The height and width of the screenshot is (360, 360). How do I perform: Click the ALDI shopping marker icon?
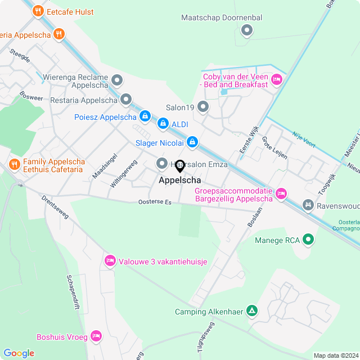click(x=163, y=123)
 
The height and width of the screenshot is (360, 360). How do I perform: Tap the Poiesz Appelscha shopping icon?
click(x=145, y=116)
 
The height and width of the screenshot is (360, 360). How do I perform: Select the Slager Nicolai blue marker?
click(x=192, y=142)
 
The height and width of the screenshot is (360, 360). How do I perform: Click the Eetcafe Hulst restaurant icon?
click(x=38, y=11)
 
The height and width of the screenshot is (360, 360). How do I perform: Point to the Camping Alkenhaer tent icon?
click(x=253, y=310)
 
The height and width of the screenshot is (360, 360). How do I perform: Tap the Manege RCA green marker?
click(x=308, y=240)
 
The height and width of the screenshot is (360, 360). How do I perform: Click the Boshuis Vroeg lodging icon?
click(x=96, y=336)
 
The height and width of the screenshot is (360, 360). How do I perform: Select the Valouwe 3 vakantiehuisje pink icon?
click(x=109, y=261)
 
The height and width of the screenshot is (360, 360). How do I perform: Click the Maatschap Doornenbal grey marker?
click(x=246, y=30)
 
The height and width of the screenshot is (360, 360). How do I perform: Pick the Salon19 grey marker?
click(x=203, y=106)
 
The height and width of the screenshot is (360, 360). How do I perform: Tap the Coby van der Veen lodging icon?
click(x=276, y=80)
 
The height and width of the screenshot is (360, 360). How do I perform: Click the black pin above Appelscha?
click(x=180, y=166)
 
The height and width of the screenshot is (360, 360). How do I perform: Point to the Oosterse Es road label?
click(x=155, y=202)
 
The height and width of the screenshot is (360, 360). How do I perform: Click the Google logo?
click(x=19, y=353)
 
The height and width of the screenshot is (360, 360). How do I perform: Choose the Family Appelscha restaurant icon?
click(x=14, y=164)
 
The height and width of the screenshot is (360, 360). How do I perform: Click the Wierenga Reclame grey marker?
click(x=117, y=80)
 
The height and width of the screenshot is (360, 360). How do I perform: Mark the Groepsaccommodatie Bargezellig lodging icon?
click(x=281, y=194)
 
